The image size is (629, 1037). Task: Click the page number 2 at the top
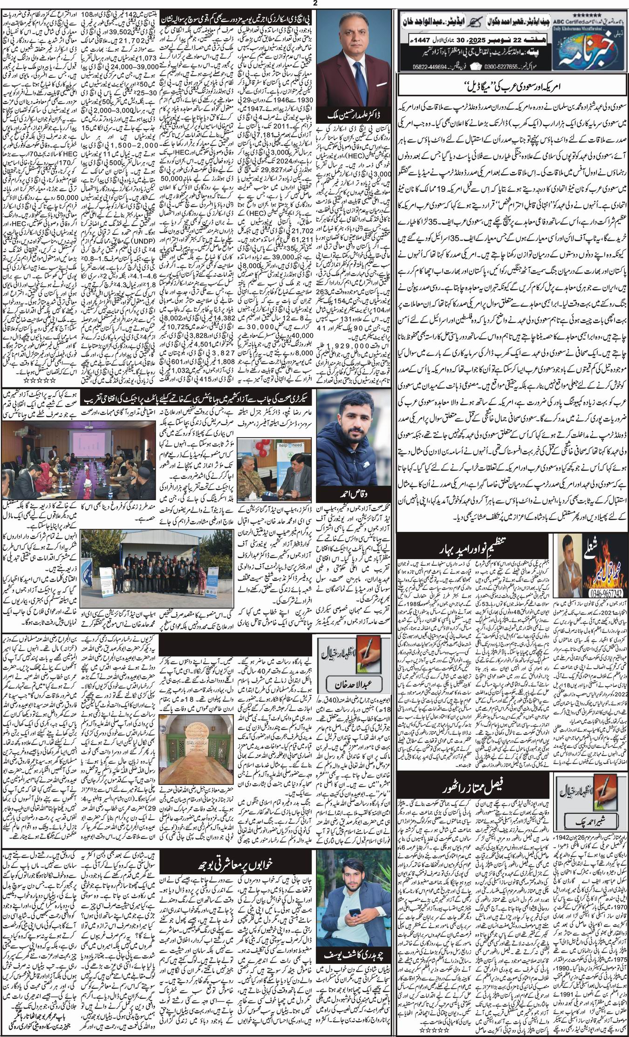(x=314, y=4)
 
